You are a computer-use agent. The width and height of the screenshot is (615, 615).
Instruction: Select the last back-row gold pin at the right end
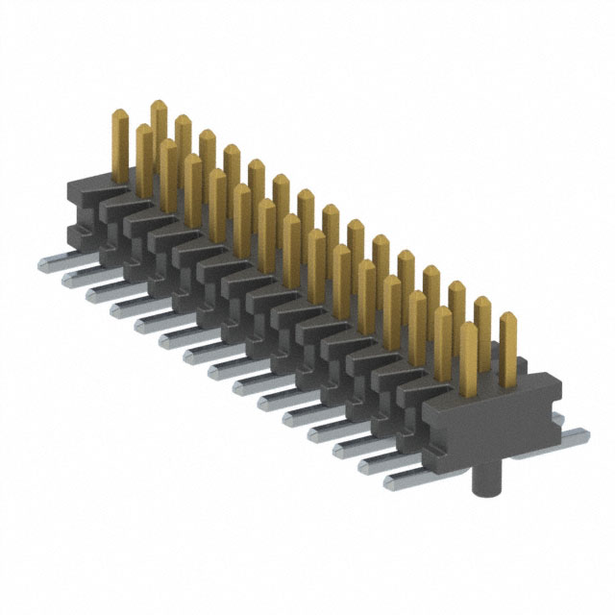pos(507,336)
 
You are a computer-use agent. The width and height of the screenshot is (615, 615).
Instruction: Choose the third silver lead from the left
pos(97,293)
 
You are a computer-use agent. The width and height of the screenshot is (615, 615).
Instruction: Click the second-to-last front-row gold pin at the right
pos(443,341)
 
